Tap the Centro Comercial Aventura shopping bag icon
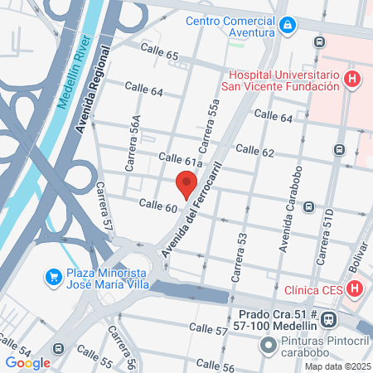point(287,26)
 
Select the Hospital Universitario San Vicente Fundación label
point(280,79)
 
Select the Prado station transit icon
point(329,318)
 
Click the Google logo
point(27,362)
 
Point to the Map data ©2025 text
point(337,366)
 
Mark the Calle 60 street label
point(158,206)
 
